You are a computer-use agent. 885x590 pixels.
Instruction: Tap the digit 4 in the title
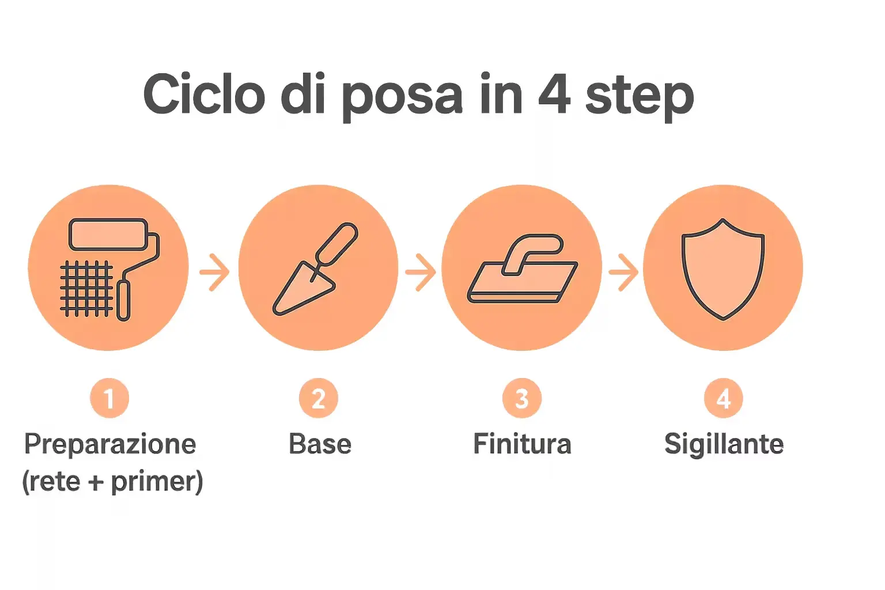[x=554, y=94]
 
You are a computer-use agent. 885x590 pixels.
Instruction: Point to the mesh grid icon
[x=86, y=289]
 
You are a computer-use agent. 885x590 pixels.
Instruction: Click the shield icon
[x=723, y=268]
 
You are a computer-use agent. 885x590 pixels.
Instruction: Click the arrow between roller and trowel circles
[x=214, y=271]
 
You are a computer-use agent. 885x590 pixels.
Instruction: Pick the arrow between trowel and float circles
[x=420, y=271]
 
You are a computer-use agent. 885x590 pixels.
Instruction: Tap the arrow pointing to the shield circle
[x=623, y=271]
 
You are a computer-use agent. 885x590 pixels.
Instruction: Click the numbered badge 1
[x=109, y=398]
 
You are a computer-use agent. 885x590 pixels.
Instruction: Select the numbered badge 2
[x=318, y=398]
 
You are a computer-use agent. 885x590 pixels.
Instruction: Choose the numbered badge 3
[x=521, y=398]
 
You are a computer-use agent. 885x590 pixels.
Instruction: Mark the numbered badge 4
[x=723, y=398]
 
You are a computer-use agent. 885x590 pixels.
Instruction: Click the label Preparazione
[x=110, y=445]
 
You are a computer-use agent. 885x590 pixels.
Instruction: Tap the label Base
[x=320, y=444]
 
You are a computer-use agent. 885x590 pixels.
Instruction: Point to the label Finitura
[x=522, y=444]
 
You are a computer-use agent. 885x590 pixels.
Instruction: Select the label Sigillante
[x=724, y=445]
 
